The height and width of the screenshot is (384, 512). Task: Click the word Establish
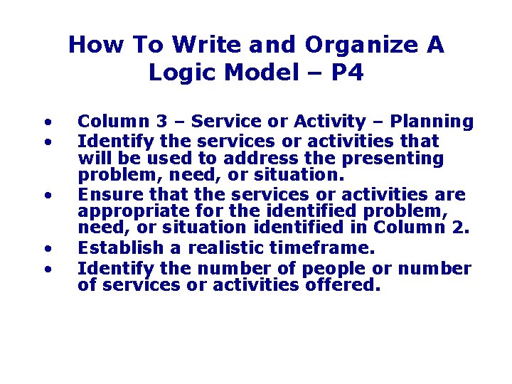[x=115, y=248]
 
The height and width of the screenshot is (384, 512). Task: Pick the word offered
[x=347, y=286]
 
